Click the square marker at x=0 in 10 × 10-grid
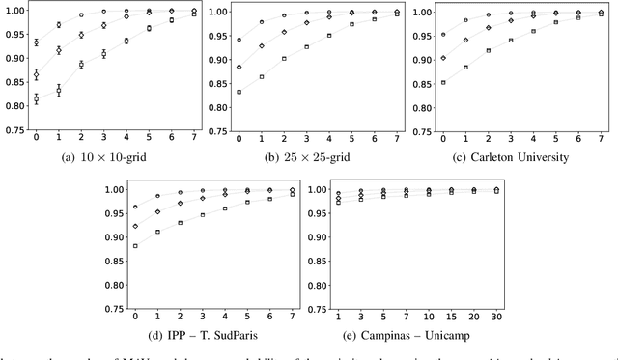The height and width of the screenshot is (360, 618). click(x=37, y=97)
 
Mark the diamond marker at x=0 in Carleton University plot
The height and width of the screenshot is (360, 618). click(x=443, y=58)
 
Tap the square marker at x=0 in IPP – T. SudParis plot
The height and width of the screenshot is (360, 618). click(x=135, y=246)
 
